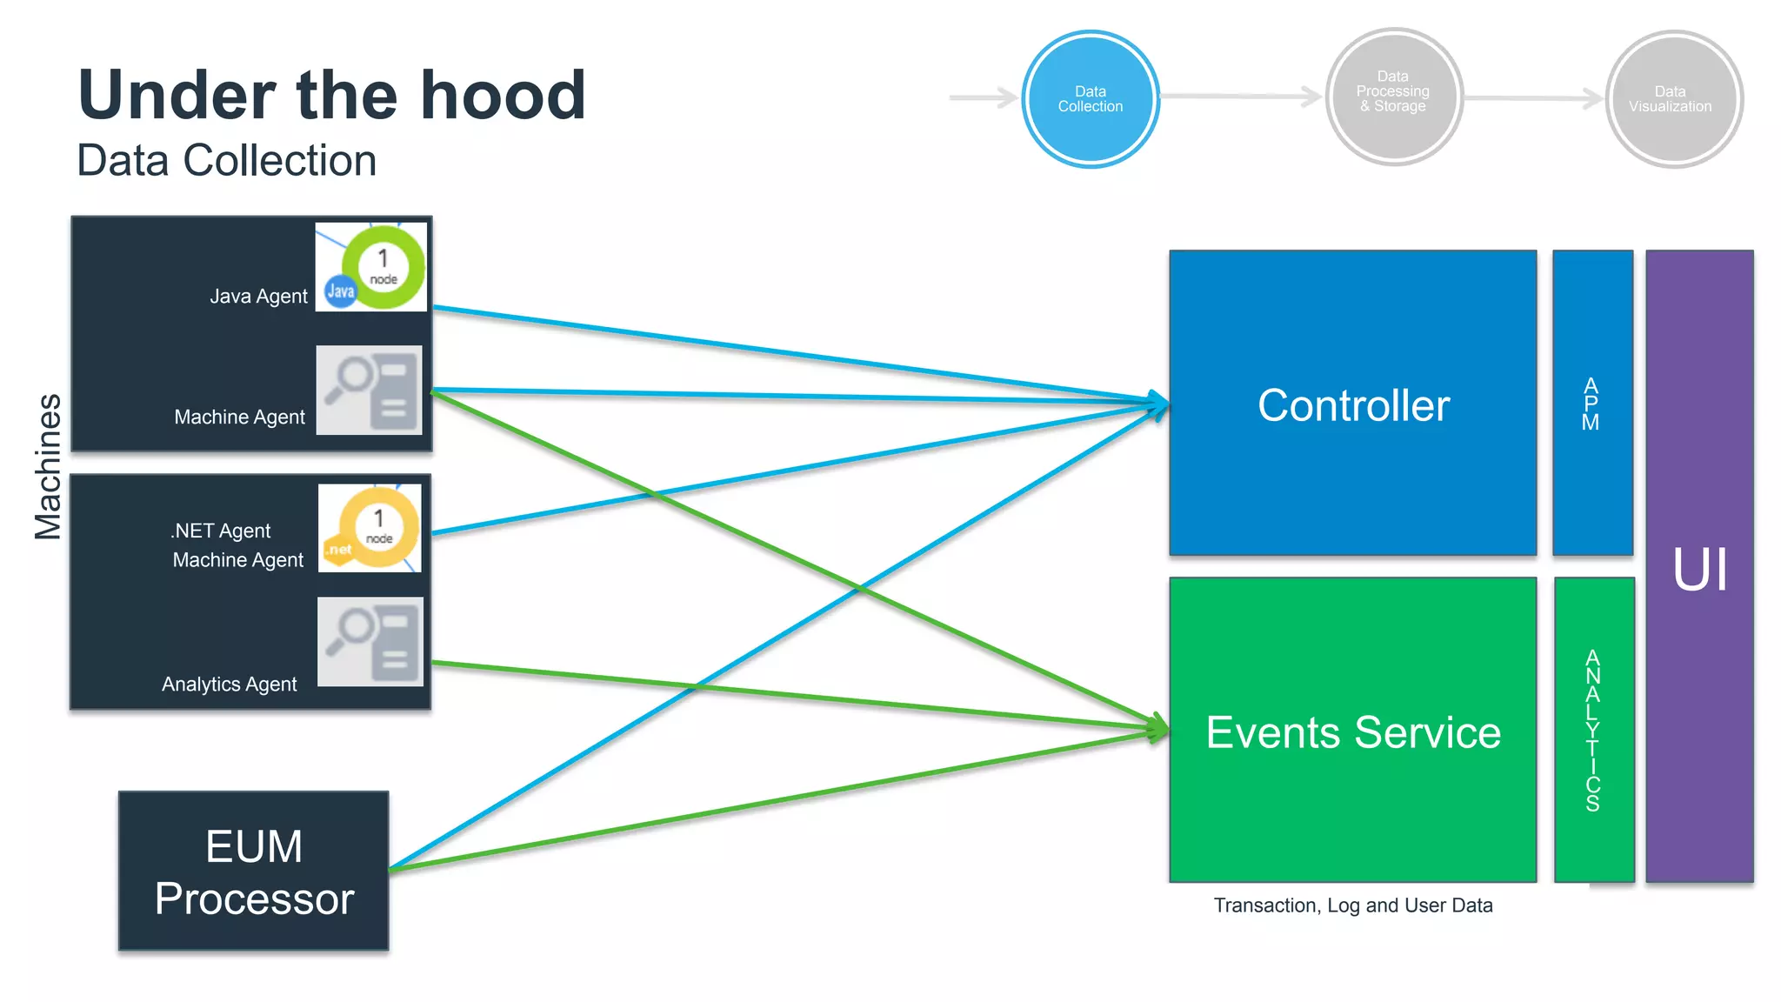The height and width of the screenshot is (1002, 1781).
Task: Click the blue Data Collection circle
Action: click(1090, 99)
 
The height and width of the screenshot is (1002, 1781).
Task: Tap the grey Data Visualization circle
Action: click(1672, 99)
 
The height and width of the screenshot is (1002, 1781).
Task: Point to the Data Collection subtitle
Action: click(226, 161)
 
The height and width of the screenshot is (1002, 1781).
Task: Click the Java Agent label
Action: click(258, 297)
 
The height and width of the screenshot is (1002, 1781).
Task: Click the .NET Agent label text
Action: click(220, 531)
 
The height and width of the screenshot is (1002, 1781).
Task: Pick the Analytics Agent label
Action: click(229, 685)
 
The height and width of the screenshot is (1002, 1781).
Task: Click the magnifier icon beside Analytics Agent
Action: click(370, 642)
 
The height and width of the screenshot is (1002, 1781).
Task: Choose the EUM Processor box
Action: click(254, 871)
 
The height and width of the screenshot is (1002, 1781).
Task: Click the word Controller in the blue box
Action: click(1353, 405)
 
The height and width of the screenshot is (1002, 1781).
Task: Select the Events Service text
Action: click(1353, 732)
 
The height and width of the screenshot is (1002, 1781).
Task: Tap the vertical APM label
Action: click(1591, 404)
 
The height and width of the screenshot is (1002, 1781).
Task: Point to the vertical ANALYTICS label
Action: click(1592, 731)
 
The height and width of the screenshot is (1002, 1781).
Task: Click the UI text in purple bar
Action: click(1700, 571)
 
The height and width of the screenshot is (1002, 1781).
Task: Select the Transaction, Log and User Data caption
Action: click(1353, 905)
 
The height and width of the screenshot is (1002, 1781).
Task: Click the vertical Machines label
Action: click(49, 467)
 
